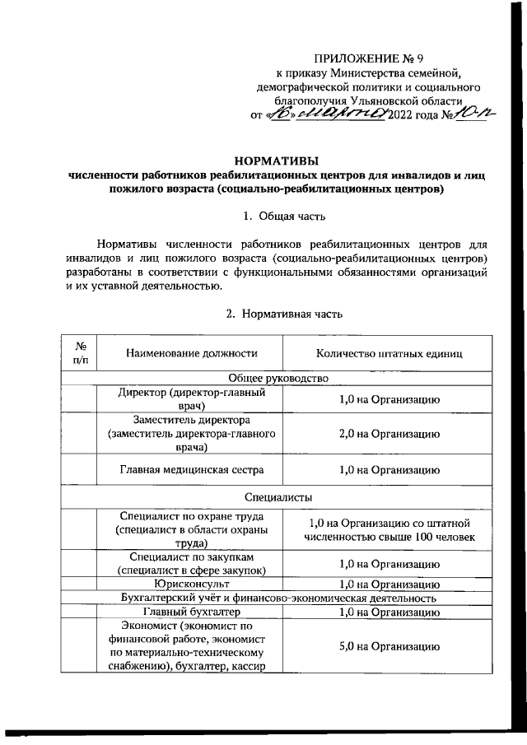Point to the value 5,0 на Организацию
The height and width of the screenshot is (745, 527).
pos(388,645)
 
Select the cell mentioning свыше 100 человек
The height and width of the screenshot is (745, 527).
pos(388,530)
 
